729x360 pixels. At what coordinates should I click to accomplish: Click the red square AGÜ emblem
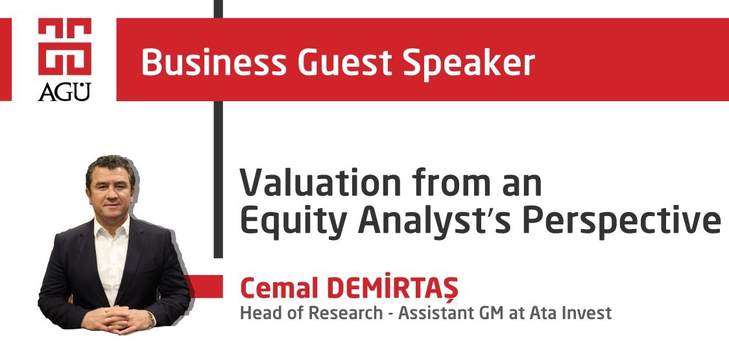(65, 47)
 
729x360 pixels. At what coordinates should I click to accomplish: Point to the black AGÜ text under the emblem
(65, 91)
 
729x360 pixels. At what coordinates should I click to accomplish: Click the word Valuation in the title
(320, 182)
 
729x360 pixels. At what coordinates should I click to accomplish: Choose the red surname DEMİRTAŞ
(392, 289)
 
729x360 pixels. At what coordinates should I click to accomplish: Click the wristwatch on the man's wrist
(152, 319)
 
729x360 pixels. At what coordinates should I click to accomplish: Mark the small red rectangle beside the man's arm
(204, 287)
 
